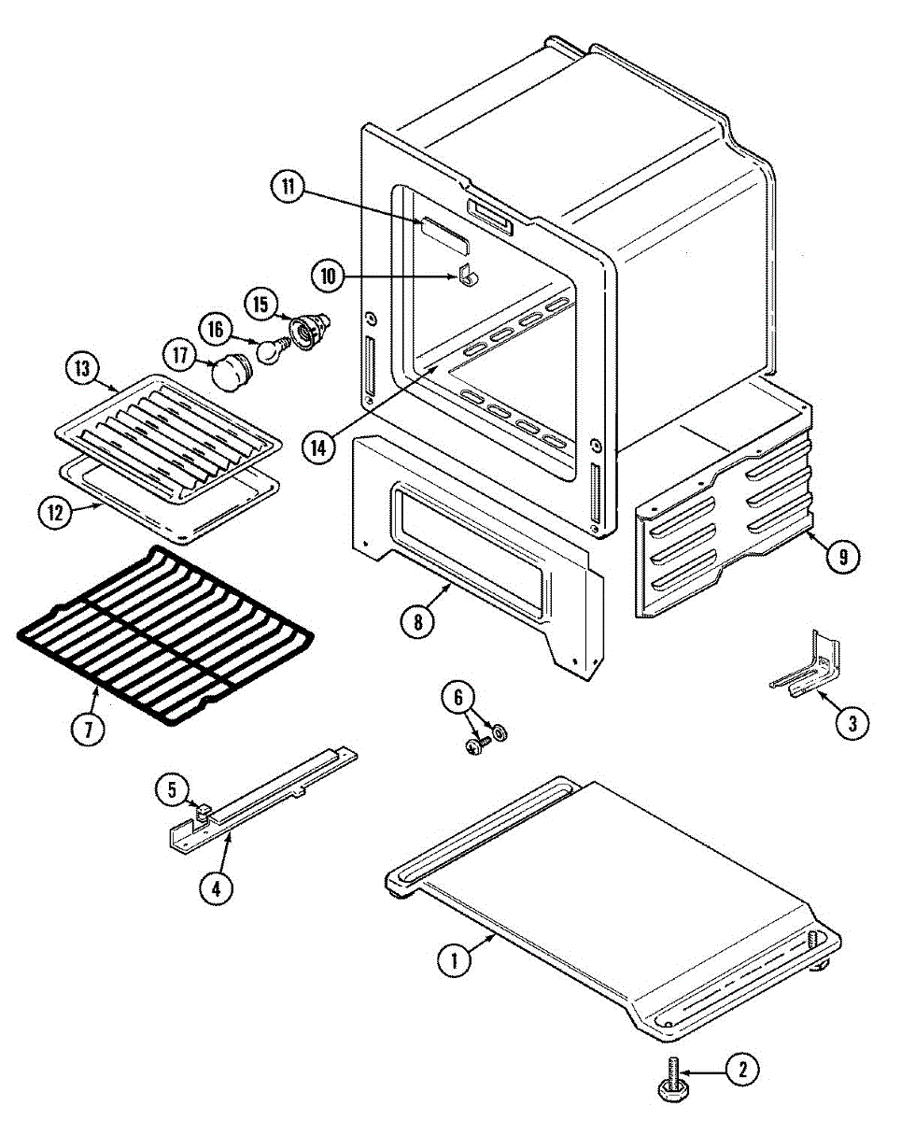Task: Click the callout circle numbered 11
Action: click(289, 187)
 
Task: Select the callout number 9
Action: click(843, 557)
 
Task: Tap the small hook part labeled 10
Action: click(469, 275)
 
